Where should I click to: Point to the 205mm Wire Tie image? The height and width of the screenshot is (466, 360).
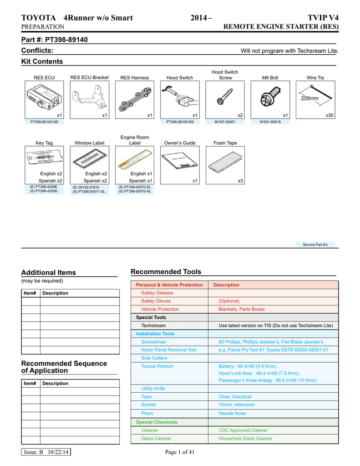tap(315, 97)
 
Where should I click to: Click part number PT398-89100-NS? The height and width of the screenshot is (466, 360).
tap(44, 122)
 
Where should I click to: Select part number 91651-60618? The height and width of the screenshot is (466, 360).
tap(270, 122)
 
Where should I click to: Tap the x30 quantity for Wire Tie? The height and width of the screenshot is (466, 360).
tap(330, 116)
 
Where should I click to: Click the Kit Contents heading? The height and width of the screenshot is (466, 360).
tap(42, 61)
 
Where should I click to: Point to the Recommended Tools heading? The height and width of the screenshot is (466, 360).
tap(166, 272)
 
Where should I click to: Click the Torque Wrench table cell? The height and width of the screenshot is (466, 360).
tap(157, 366)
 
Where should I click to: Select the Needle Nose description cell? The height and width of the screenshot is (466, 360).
tap(232, 413)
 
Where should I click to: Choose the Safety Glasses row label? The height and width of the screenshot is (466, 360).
tap(157, 293)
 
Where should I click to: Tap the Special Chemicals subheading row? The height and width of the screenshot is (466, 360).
tap(157, 422)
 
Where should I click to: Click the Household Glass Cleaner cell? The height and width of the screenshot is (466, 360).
tap(245, 438)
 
